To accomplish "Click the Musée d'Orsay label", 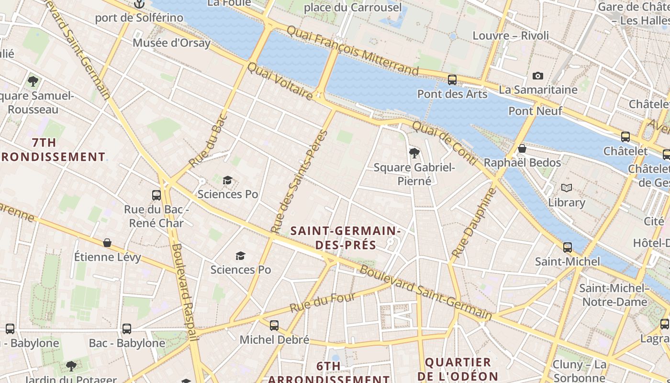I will tap(171, 43).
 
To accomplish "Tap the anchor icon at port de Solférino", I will tap(139, 4).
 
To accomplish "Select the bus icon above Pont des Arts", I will tap(452, 80).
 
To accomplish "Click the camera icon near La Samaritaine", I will tap(537, 76).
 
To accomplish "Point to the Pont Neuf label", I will tap(535, 111).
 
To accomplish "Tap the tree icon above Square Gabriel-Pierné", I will tap(414, 154).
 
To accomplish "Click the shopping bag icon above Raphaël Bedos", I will tap(522, 148).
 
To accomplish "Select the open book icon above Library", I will tap(567, 188).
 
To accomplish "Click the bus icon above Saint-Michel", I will tap(567, 248).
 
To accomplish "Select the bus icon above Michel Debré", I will tap(274, 326).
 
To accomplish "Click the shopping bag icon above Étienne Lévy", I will tap(107, 243).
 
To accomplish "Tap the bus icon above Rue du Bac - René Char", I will tap(156, 195).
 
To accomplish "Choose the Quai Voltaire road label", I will tap(280, 81).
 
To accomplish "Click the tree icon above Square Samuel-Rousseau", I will tap(33, 81).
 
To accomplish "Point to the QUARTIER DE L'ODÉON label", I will tap(458, 369).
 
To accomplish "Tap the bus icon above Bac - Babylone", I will tap(126, 329).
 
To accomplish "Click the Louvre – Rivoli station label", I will tap(511, 36).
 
